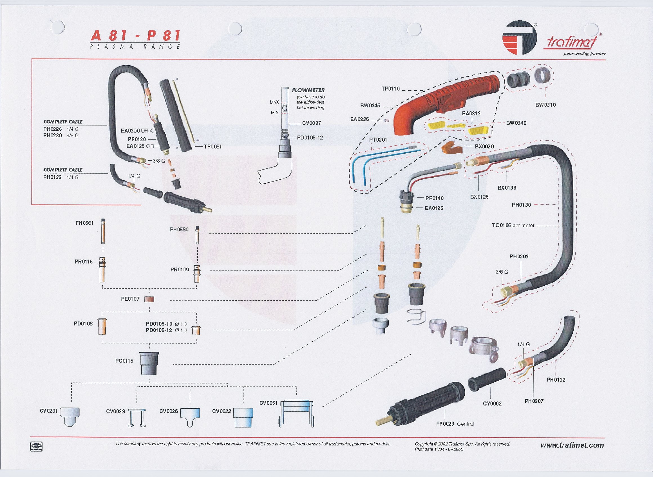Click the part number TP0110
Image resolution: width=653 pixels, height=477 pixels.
coord(390,89)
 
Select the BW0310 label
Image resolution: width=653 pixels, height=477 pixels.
coord(545,105)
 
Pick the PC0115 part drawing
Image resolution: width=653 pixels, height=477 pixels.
coord(149,363)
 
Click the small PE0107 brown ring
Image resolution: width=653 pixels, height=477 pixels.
coord(149,299)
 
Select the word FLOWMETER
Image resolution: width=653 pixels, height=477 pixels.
coord(308,90)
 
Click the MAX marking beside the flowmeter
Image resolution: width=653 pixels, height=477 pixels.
coord(274,102)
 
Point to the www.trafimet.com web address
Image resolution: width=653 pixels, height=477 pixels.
coord(572,445)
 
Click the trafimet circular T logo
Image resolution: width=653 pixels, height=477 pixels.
coord(519,37)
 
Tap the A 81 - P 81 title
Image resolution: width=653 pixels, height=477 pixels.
coord(135,36)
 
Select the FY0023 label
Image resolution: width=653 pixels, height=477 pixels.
coord(445,424)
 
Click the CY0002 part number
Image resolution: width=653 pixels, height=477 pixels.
coord(492,404)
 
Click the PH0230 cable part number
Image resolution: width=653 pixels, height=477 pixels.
coord(53,135)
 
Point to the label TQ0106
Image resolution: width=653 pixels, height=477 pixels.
coord(502,225)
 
